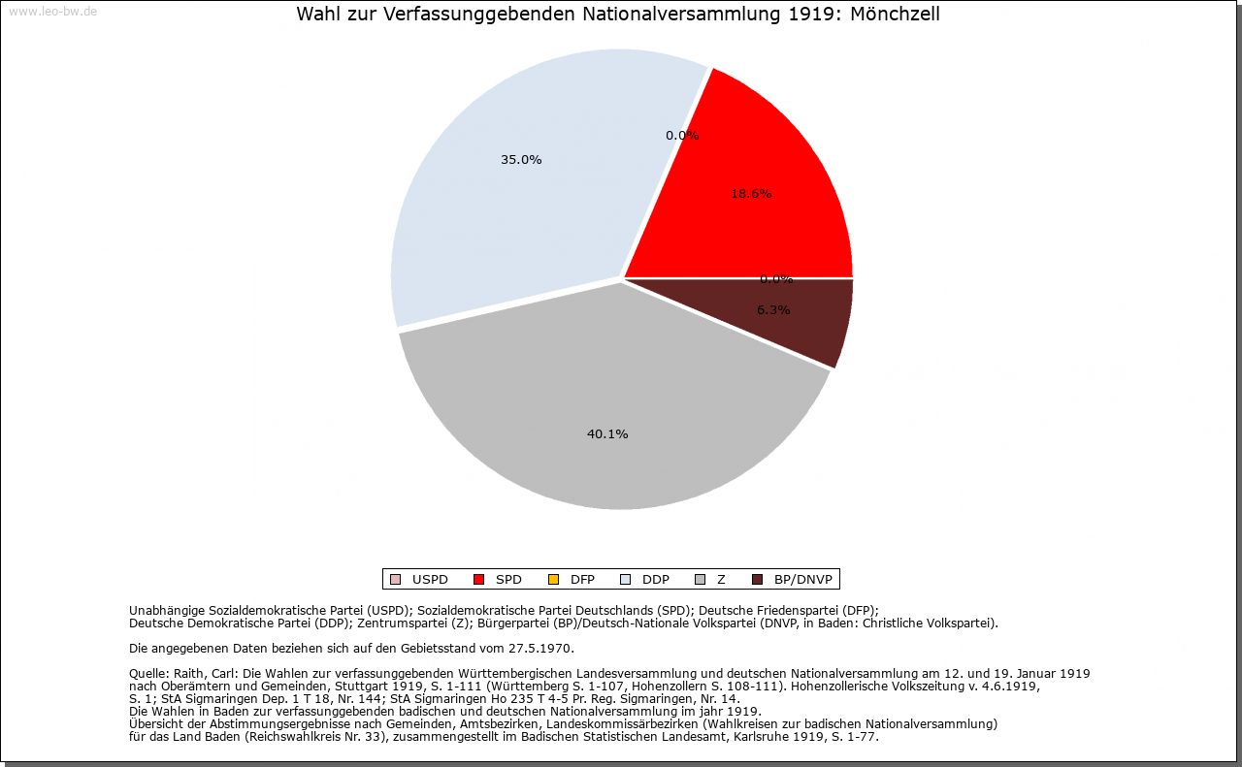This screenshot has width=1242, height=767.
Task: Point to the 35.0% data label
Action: (521, 160)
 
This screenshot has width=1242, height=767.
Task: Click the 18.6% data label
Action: (751, 194)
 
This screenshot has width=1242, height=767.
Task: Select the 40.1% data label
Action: (607, 434)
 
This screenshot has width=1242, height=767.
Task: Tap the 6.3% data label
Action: (773, 310)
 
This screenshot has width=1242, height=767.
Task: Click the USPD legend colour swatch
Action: (395, 580)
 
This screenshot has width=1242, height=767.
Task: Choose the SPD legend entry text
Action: (508, 580)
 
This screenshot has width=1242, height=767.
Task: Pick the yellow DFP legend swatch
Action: (553, 580)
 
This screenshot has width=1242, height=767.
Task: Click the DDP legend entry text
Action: (656, 580)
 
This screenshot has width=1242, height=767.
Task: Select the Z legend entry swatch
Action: (701, 580)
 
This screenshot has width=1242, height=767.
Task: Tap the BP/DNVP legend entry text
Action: (803, 580)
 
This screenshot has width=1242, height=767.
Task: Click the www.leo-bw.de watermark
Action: (52, 12)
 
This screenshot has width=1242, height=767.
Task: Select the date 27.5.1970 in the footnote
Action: (541, 648)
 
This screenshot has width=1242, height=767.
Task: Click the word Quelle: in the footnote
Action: (149, 673)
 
